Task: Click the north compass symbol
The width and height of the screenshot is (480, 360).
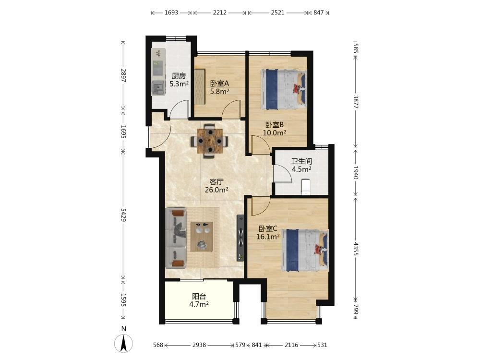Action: (124, 343)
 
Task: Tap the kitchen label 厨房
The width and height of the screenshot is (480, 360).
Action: (179, 76)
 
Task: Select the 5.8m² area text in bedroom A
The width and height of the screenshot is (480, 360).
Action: (220, 91)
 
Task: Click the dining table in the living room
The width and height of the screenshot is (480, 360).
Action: (210, 141)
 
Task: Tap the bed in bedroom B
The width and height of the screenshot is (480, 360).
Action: (284, 89)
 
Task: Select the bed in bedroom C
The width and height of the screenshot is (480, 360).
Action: (305, 251)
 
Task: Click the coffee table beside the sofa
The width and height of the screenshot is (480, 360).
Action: (202, 237)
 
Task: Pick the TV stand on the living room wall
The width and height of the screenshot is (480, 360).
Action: (240, 238)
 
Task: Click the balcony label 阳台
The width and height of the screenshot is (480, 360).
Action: (199, 296)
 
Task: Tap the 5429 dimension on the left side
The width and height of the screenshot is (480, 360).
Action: (123, 215)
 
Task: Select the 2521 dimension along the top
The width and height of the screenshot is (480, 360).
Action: (277, 12)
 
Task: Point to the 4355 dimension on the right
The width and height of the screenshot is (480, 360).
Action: (356, 249)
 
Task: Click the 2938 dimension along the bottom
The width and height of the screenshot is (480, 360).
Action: (199, 345)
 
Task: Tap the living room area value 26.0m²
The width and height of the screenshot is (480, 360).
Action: (216, 190)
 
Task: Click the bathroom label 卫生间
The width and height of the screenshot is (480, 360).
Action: (301, 161)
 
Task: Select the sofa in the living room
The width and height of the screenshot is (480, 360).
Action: (176, 238)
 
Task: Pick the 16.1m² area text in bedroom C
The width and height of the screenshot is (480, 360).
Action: (268, 236)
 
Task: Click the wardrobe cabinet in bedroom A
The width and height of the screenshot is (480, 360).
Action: (199, 87)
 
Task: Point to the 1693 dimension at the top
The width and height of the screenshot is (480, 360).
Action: (171, 12)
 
